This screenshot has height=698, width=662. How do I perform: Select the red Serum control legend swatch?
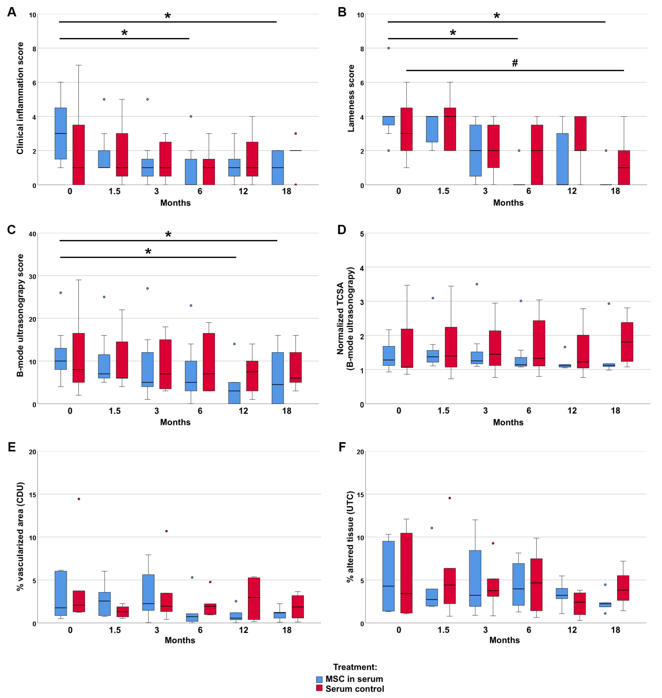[319, 689]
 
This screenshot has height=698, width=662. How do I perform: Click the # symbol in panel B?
[515, 63]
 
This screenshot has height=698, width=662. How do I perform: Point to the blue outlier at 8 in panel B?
[389, 48]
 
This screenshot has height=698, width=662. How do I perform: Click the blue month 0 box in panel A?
[61, 133]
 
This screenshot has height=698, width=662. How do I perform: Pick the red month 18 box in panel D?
[627, 342]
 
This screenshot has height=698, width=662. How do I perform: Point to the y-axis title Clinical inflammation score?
[20, 98]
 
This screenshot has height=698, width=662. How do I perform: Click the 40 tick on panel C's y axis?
[32, 234]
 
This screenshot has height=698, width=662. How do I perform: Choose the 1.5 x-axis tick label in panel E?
[115, 630]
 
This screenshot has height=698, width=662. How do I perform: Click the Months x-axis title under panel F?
[504, 640]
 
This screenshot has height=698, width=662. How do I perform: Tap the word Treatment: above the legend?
[355, 667]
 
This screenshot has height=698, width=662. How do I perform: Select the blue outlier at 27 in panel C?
[148, 288]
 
